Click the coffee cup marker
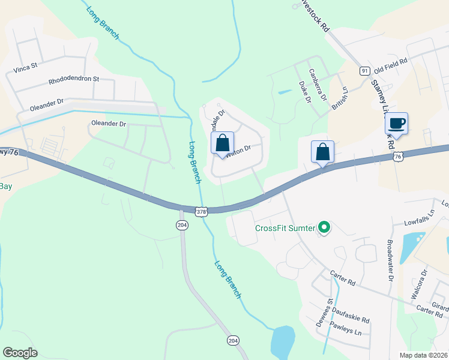tap(396, 124)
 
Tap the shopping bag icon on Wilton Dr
tap(222, 144)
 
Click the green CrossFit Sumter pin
tap(324, 227)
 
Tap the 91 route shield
tap(364, 71)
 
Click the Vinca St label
tap(26, 67)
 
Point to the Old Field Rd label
tap(391, 61)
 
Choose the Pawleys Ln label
tap(348, 332)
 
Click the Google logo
tap(20, 353)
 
